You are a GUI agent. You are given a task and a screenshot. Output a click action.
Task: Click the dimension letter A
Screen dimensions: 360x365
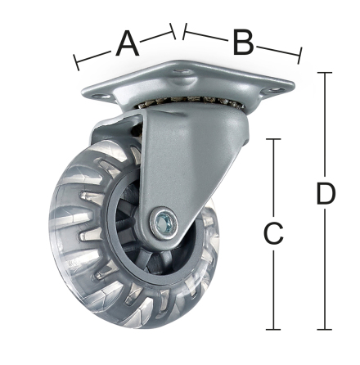(128, 43)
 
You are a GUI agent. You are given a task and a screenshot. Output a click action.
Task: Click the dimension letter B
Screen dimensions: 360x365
(244, 42)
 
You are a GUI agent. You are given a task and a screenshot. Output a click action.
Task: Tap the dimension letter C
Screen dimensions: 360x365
(273, 233)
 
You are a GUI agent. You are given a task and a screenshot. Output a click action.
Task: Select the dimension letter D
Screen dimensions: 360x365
(326, 194)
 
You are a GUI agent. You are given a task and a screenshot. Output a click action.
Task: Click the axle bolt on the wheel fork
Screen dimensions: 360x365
(163, 223)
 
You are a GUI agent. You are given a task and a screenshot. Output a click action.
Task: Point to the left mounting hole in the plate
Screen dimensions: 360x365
(99, 97)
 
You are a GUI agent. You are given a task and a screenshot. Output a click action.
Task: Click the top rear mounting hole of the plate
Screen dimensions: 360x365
(182, 71)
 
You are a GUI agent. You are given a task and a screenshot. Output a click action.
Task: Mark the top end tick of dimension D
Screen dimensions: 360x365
(325, 73)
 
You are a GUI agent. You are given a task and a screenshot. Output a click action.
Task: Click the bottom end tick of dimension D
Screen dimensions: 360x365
(325, 329)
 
